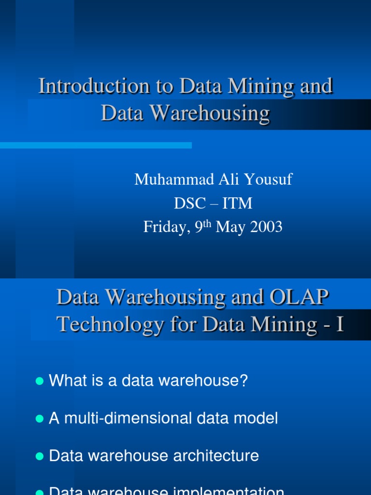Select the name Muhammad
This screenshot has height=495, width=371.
coord(162,179)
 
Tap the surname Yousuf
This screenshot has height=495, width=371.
coord(270,179)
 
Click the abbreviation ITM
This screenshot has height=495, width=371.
coord(238,203)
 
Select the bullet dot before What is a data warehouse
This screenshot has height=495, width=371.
coord(40,381)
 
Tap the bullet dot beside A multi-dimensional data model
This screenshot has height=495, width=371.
coord(40,419)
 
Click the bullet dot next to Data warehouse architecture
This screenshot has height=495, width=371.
coord(40,456)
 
